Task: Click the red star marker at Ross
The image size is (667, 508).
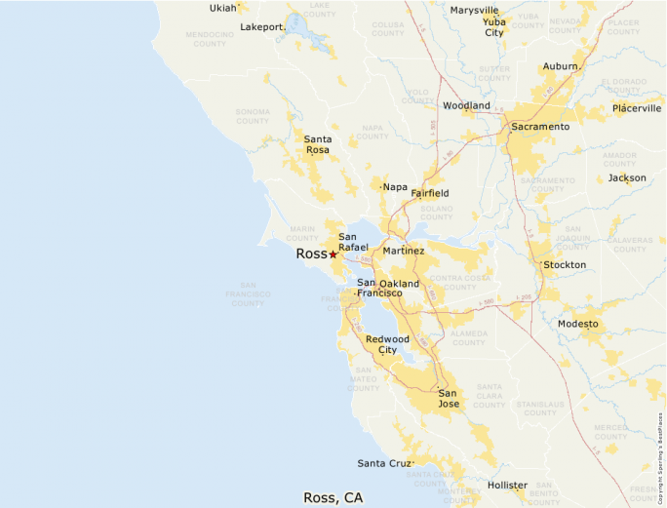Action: pos(333,254)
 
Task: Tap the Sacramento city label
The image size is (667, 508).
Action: pos(540,127)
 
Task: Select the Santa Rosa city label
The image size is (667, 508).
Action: pos(317,145)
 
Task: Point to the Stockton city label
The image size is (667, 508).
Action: pos(565,265)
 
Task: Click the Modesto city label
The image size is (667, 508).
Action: pos(578,324)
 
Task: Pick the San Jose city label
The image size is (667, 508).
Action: pos(449,398)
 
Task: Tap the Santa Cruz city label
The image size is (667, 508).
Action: pos(384,463)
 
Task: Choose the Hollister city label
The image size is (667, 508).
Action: pos(507,485)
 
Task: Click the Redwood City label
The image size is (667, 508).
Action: pos(387,344)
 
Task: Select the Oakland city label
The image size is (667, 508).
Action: pos(399,284)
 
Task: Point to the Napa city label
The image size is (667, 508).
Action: pos(395,187)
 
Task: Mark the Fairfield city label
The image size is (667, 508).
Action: pos(429,194)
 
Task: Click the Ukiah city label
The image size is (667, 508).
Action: pos(222,9)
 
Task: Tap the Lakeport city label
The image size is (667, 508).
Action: pos(262,26)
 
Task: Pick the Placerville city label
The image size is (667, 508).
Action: pos(637,108)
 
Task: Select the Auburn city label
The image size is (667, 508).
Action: pos(561,66)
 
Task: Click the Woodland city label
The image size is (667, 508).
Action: pos(466,105)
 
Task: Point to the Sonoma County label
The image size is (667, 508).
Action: pos(253,116)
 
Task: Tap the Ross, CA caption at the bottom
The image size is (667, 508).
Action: pos(333,497)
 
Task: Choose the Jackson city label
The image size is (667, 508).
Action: pos(627,178)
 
